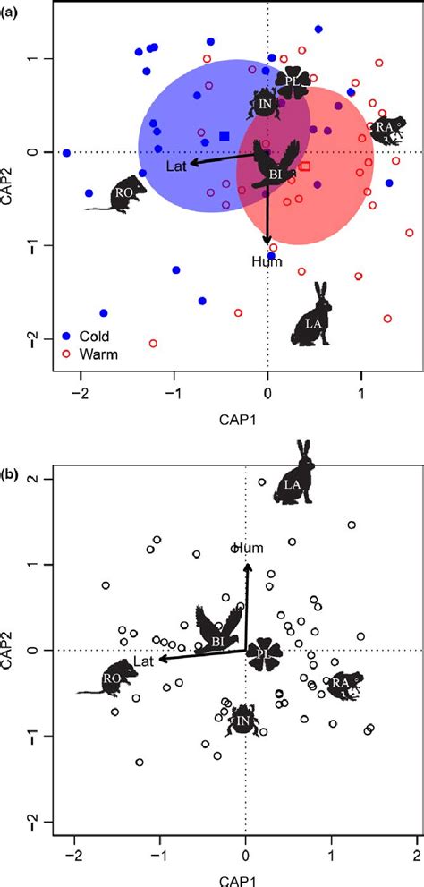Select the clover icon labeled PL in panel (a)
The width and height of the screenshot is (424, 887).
[292, 82]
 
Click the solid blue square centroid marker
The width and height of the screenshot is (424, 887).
[225, 136]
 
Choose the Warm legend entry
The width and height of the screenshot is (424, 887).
[85, 354]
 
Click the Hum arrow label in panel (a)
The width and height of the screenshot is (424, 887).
[267, 262]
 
